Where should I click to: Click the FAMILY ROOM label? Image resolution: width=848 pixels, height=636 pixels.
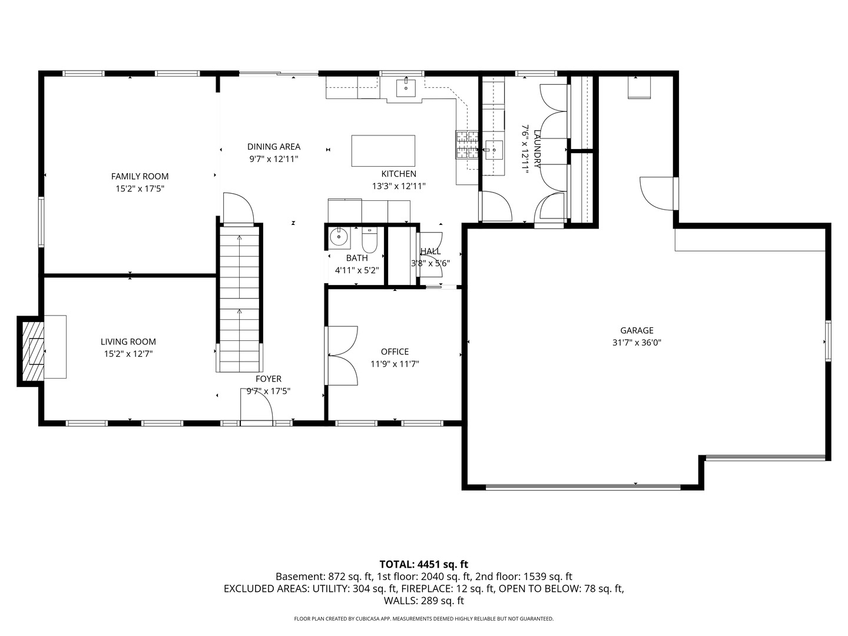coord(140,177)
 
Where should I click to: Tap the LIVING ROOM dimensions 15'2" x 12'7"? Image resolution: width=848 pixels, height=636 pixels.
coord(128,354)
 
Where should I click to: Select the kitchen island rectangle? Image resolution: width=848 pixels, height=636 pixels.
coord(383,151)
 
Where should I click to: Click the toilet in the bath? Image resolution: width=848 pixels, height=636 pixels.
coord(369,240)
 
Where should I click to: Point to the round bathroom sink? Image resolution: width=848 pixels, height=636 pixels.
coord(339,236)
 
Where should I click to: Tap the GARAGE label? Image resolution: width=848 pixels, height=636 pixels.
coord(637,330)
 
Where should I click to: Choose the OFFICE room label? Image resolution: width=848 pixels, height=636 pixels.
coord(395,352)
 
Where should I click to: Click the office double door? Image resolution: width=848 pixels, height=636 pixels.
coord(342,356)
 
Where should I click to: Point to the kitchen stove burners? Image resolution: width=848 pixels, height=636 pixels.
coord(467,145)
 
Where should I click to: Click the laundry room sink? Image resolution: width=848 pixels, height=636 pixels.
coord(493,150)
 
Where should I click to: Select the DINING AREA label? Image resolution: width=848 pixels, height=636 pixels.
coord(273,147)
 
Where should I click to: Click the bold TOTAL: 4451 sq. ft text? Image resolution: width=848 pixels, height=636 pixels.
coord(424,565)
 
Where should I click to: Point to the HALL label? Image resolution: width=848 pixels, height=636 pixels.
coord(430,251)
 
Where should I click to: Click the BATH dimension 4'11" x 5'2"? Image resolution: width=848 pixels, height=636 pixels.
coord(357,270)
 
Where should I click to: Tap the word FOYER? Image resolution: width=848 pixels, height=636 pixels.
coord(269,379)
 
